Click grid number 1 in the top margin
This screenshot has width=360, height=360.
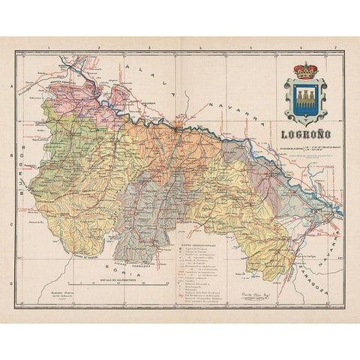(x=46, y=47)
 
